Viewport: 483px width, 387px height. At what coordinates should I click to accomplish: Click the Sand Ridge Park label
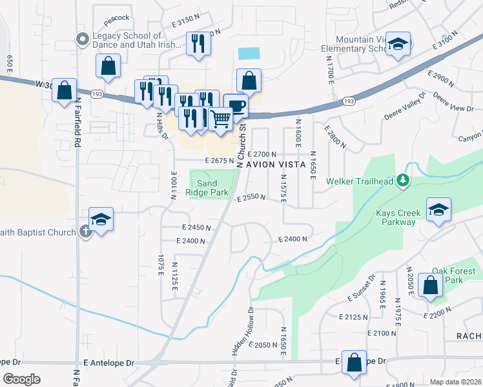click(207, 187)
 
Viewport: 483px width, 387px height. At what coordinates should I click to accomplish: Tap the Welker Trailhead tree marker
click(404, 180)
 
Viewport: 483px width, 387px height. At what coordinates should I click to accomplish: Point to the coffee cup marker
click(236, 105)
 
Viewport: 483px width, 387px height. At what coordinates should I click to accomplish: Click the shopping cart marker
click(221, 119)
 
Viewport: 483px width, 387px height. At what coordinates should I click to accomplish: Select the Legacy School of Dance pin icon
click(82, 40)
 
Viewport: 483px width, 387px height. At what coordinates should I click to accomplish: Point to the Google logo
click(21, 379)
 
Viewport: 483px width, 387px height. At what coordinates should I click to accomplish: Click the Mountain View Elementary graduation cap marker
click(398, 44)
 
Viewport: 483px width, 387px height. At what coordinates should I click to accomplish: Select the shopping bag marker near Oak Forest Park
click(430, 284)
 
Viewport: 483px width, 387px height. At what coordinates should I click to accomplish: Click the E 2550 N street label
click(251, 198)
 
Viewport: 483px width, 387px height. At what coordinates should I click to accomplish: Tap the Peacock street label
click(116, 17)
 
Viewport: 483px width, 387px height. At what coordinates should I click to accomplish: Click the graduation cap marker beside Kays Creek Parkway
click(438, 210)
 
